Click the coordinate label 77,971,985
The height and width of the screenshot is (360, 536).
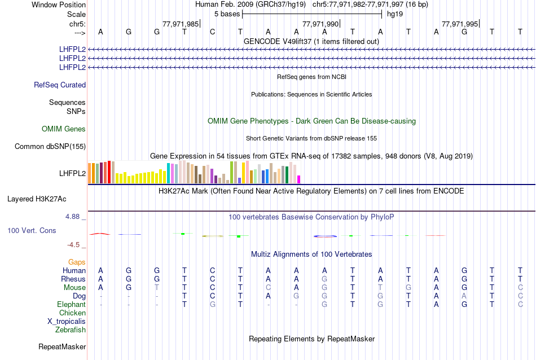180,24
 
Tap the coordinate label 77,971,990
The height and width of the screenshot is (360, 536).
320,24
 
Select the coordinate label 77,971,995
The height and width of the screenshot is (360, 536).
460,24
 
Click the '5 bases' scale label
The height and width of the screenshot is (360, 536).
226,14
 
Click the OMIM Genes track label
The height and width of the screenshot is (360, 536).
64,129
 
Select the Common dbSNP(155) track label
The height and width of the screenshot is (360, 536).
50,147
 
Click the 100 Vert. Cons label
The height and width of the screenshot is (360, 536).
32,231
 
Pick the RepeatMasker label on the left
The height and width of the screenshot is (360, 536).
62,346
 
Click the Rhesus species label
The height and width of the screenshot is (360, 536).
73,279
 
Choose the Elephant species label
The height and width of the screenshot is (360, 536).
71,304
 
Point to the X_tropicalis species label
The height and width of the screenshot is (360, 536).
67,321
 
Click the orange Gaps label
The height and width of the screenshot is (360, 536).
77,262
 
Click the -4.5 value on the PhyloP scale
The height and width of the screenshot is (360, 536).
76,245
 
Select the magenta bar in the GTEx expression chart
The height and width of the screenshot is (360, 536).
299,179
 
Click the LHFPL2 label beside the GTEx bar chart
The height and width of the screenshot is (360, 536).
72,173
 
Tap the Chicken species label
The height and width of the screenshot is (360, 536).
72,313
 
